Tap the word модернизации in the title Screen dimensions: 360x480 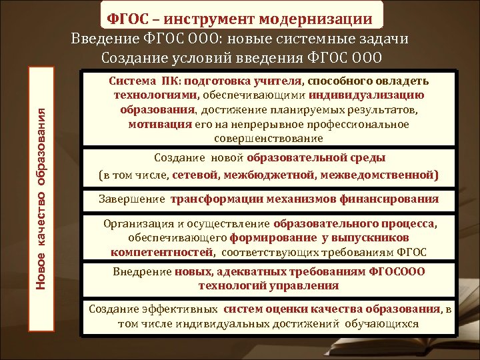pos(326,17)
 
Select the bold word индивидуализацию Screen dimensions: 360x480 pos(379,95)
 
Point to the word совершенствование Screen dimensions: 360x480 pos(269,139)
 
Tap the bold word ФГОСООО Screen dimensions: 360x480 pos(393,272)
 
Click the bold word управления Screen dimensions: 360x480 pos(305,286)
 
